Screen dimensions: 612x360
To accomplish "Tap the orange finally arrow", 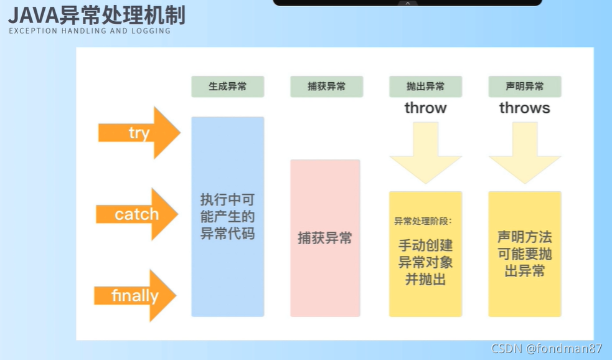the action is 135,295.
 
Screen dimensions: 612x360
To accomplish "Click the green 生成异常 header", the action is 227,87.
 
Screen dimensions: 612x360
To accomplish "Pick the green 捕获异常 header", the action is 326,87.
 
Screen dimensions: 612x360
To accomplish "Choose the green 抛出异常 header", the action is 425,87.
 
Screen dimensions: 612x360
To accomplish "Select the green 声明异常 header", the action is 524,87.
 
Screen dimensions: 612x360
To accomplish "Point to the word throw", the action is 425,108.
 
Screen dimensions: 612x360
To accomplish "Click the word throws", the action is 524,108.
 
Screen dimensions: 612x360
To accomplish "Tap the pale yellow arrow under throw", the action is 425,153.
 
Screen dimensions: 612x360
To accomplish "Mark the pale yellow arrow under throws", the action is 524,153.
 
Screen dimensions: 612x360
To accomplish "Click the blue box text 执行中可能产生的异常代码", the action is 227,217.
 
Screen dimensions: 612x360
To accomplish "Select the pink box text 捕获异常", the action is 325,237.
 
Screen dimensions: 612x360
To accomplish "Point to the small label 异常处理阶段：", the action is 423,220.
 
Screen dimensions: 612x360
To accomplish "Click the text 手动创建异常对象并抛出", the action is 425,262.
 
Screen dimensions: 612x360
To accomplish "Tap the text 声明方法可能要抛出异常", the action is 524,254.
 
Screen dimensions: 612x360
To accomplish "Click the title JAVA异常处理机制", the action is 97,14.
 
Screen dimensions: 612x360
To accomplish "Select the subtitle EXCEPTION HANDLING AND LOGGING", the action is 90,31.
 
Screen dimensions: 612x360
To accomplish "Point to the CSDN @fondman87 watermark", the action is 547,349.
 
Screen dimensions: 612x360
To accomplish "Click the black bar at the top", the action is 407,2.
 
